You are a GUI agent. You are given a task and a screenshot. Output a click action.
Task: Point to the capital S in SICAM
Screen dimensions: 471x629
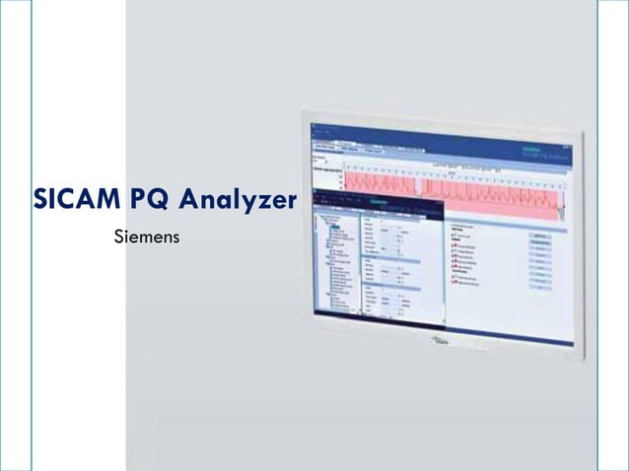(x=40, y=200)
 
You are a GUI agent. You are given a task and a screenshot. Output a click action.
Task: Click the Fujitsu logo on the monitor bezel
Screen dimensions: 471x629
(x=440, y=342)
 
